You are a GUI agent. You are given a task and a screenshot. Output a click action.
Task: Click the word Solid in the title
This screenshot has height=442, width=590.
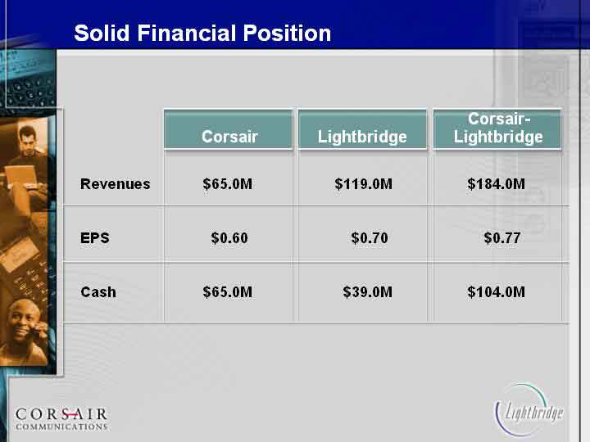(102, 33)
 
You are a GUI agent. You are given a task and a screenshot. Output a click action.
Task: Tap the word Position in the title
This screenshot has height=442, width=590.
(287, 33)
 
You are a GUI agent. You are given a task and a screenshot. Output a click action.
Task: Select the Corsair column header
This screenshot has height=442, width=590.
(229, 129)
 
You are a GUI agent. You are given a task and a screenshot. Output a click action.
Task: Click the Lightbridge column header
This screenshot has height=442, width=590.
(362, 129)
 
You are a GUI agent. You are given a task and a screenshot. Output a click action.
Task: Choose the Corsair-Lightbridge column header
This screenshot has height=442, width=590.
(497, 129)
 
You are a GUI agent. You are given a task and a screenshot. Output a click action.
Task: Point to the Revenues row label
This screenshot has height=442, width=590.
(116, 184)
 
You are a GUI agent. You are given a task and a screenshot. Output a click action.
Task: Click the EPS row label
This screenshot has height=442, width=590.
(95, 238)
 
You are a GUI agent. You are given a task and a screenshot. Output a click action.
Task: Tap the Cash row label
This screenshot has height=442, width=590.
(98, 292)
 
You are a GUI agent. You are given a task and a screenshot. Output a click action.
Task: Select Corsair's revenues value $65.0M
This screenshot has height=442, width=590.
(228, 184)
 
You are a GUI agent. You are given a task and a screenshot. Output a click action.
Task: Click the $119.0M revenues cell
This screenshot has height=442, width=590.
(364, 184)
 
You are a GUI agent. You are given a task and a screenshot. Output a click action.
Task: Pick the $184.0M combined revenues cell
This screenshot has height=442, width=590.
(496, 184)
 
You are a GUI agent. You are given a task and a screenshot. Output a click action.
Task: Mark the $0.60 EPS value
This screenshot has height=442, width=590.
(229, 238)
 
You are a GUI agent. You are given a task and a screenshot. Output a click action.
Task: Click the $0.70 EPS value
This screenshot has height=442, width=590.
(370, 238)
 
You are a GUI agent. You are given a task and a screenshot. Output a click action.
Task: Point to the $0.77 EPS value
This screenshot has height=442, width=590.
(502, 238)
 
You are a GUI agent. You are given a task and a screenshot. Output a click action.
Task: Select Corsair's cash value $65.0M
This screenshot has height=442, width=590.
(228, 292)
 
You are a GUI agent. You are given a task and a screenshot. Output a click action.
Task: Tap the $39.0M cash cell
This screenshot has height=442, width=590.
(368, 292)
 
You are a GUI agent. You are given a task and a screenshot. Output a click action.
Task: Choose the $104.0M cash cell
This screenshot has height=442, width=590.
(496, 292)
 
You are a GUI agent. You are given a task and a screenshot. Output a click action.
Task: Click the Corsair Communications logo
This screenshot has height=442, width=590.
(61, 419)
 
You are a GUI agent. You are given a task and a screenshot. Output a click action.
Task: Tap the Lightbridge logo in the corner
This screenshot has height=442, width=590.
(529, 410)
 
